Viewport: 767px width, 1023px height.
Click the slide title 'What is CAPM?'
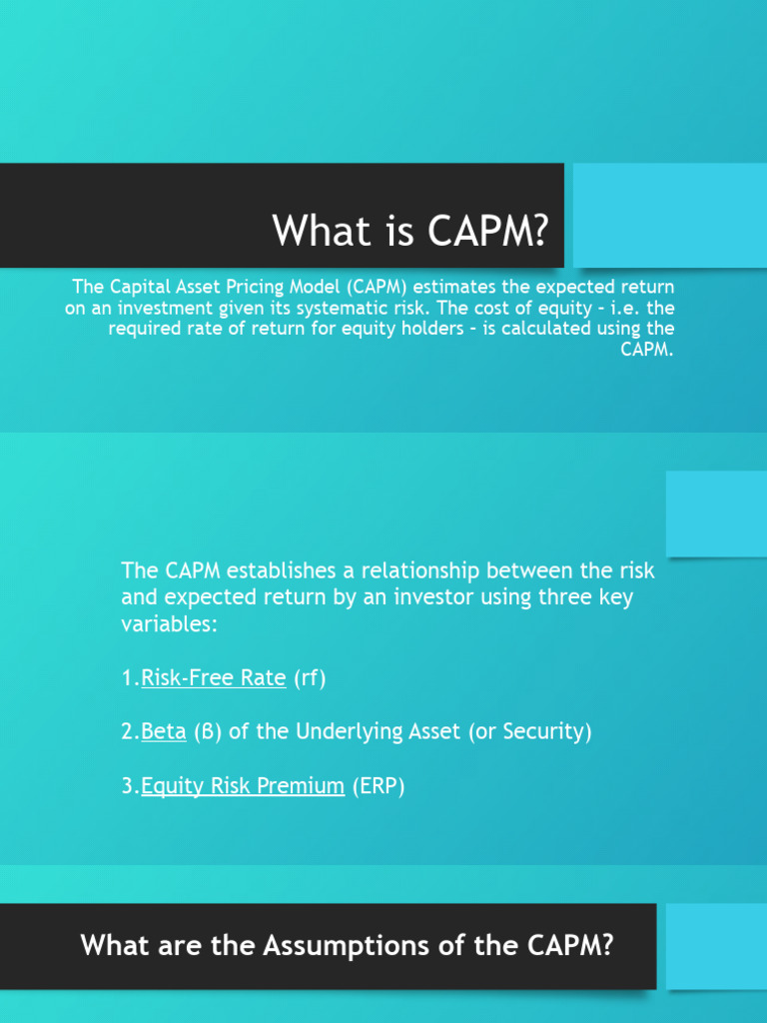410,231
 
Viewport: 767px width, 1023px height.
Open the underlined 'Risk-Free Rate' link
214,678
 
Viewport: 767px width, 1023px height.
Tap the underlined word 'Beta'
164,732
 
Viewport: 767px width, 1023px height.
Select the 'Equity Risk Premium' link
243,786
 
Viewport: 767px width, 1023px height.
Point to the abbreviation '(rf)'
310,678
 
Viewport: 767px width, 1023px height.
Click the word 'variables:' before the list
168,624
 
